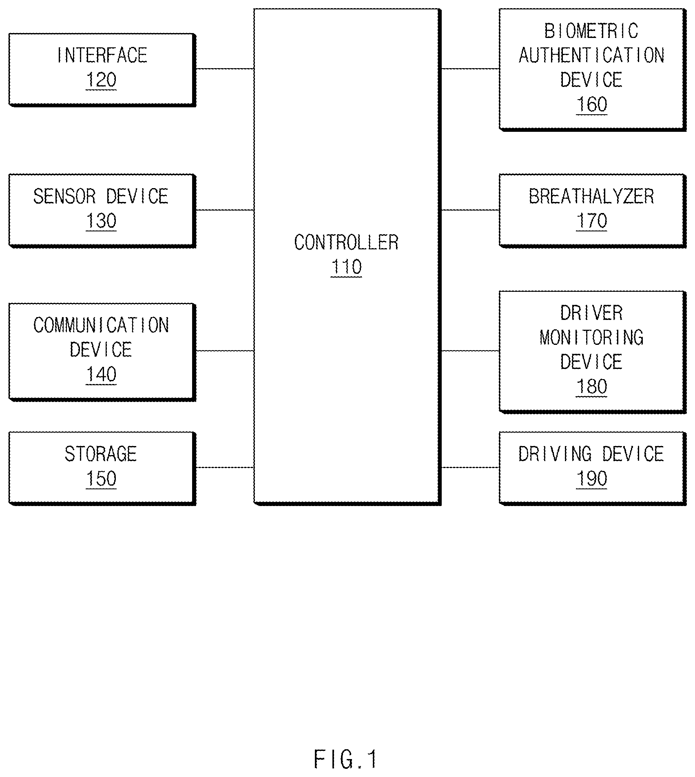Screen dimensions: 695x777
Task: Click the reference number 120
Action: click(101, 80)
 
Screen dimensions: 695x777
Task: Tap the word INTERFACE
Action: click(102, 55)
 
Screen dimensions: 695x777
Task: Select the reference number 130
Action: click(101, 221)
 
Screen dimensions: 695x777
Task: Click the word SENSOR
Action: click(64, 196)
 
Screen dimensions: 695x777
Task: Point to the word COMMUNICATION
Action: click(101, 325)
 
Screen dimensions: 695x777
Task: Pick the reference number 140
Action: click(101, 374)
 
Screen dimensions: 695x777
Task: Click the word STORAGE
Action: click(101, 454)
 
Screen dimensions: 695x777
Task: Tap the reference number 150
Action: click(101, 478)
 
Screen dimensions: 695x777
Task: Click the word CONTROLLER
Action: click(346, 242)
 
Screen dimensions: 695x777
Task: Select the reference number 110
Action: click(346, 267)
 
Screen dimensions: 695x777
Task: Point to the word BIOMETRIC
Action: click(591, 31)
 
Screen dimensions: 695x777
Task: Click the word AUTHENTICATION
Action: click(591, 55)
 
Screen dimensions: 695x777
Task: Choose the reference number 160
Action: click(591, 104)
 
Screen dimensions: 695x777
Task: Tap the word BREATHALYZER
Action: click(591, 196)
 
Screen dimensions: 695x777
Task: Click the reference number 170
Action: click(591, 221)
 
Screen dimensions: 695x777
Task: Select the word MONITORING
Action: click(591, 337)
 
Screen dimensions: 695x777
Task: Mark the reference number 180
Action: click(591, 386)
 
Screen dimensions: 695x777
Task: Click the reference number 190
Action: click(591, 478)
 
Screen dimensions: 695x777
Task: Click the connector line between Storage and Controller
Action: click(225, 467)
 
